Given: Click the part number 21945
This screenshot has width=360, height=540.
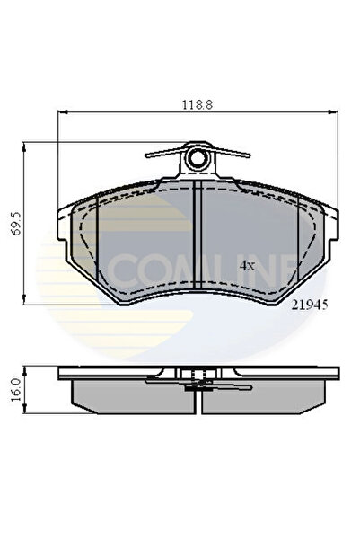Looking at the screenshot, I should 308,305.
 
